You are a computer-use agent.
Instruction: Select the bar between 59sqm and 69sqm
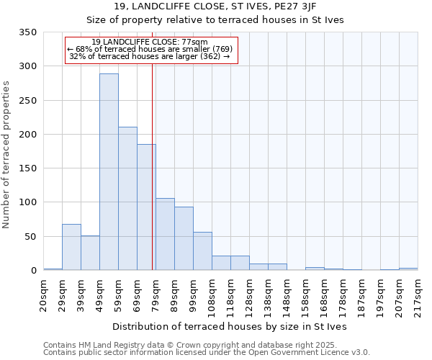127,198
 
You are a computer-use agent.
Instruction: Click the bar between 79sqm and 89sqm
165,234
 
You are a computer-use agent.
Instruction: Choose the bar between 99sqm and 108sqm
202,251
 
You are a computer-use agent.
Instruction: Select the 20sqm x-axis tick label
44,294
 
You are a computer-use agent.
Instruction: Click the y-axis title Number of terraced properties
7,155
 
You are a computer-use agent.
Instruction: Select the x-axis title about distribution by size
230,326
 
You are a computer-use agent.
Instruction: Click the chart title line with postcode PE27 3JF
230,6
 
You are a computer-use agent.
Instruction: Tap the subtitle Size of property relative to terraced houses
230,20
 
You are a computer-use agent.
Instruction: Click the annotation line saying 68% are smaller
150,49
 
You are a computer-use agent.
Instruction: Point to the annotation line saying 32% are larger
150,56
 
